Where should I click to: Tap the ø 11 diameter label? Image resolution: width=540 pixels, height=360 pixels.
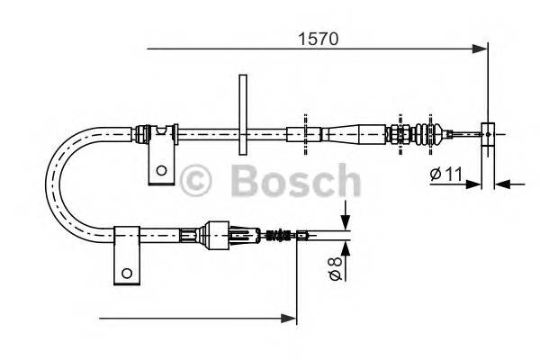[x=445, y=175]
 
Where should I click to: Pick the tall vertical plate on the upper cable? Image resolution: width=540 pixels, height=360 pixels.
[x=241, y=113]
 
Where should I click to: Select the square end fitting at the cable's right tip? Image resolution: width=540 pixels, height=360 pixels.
[x=488, y=134]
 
